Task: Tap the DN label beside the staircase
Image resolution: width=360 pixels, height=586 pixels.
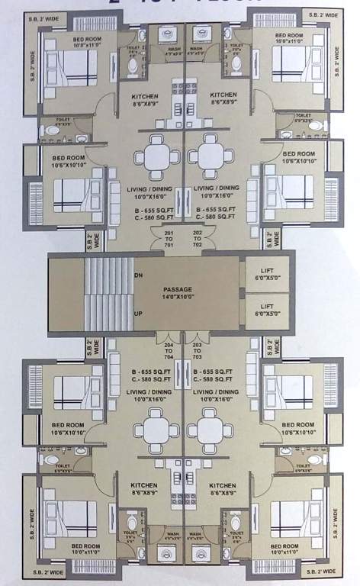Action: pos(138,275)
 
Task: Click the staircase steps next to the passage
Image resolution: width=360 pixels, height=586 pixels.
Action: pos(106,295)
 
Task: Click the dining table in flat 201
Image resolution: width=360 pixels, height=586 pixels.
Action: pos(156,155)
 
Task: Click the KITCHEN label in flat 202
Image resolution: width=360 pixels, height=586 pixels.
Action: pos(223,95)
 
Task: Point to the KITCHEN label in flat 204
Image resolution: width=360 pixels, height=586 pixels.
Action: pos(143,485)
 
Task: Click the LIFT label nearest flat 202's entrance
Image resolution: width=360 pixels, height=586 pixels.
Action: pos(266,268)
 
